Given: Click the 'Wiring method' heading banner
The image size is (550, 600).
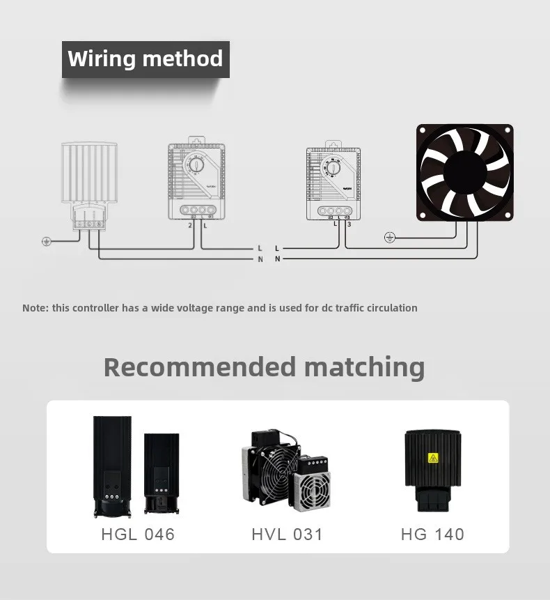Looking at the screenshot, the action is click(x=146, y=59).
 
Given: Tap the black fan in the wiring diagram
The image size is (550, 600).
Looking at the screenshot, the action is click(x=464, y=172).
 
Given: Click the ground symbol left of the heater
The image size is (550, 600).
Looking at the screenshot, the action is click(x=47, y=242).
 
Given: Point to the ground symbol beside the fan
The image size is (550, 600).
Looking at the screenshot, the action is click(x=390, y=238).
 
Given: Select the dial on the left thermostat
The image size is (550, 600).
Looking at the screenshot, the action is click(x=196, y=164).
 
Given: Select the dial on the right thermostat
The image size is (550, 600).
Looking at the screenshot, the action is click(x=333, y=167).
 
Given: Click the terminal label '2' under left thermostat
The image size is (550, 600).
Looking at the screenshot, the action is click(x=190, y=225).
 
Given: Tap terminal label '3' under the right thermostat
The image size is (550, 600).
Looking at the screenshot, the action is click(x=348, y=224).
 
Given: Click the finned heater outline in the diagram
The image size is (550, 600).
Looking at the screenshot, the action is click(x=89, y=174).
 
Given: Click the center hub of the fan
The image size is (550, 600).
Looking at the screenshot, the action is click(x=464, y=172).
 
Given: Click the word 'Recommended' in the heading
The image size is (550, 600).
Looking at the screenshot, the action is click(x=200, y=367).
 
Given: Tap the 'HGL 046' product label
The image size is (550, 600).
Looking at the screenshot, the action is click(x=138, y=534).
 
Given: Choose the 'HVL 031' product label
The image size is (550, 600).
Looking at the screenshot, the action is click(x=287, y=534).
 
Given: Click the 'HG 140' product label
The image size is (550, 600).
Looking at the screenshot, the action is click(x=432, y=534).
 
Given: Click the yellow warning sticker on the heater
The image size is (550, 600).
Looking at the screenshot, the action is click(x=433, y=458).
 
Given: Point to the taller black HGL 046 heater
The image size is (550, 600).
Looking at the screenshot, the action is click(x=112, y=466).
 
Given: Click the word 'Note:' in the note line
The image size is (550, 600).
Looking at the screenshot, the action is click(x=36, y=308).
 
